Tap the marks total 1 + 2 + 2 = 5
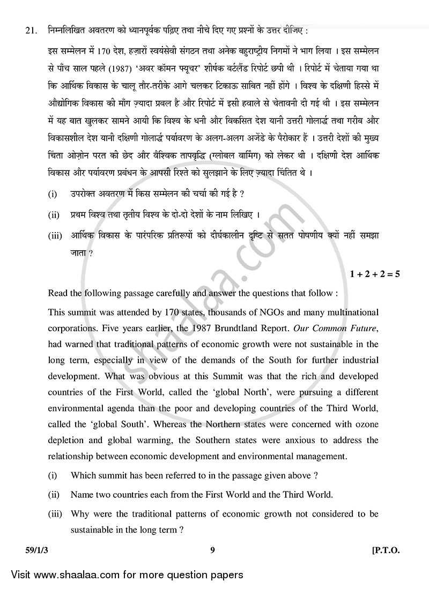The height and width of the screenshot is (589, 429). click(375, 274)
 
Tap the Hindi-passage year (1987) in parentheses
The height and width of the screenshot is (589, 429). click(118, 69)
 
